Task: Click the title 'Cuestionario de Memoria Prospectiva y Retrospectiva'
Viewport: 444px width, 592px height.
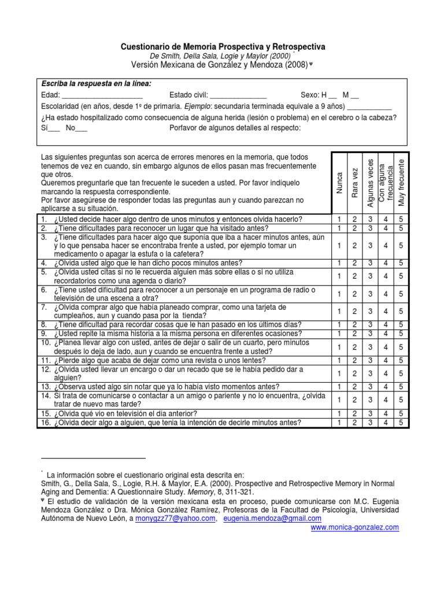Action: point(223,46)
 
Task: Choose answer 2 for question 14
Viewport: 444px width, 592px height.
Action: point(355,399)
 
